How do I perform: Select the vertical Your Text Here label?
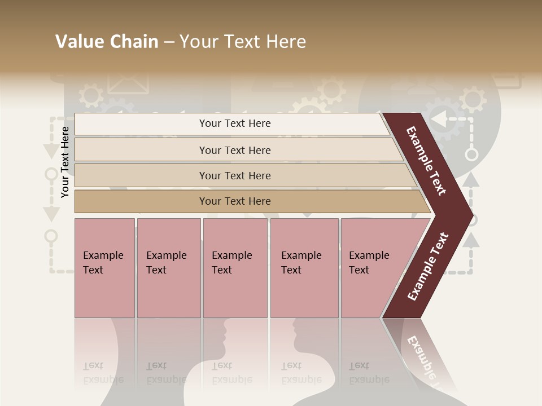point(65,162)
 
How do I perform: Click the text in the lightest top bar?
point(235,123)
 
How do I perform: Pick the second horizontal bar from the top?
point(235,150)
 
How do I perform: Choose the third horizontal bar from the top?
point(235,175)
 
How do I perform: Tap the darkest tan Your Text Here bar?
point(235,201)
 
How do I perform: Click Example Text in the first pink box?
point(103,262)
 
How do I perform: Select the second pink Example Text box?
point(168,268)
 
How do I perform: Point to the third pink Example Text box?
point(235,268)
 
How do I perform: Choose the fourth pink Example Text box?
point(304,268)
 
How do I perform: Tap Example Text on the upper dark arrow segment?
point(426,161)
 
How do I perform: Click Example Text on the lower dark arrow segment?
point(427,267)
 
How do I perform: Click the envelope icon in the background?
point(128,82)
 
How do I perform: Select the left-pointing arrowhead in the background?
point(438,118)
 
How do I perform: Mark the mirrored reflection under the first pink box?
point(104,355)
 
